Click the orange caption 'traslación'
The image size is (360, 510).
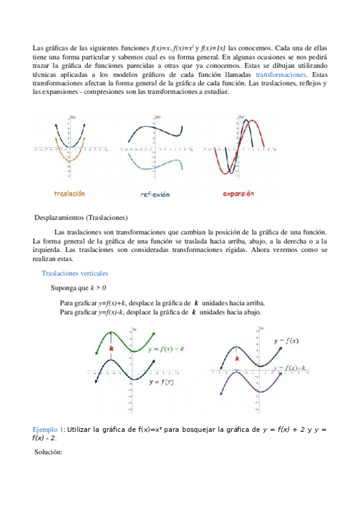(70, 194)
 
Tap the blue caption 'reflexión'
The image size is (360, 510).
(155, 194)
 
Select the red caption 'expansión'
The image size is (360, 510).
(239, 194)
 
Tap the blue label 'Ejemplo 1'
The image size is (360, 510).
(47, 429)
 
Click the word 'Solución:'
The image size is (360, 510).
(49, 452)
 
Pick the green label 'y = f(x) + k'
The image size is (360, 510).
(166, 349)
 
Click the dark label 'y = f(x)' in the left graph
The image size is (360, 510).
(161, 382)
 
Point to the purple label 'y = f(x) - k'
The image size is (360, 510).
(290, 367)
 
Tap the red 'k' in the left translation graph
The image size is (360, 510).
(111, 348)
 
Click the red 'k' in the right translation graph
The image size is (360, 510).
(237, 358)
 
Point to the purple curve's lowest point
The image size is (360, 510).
(260, 392)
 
